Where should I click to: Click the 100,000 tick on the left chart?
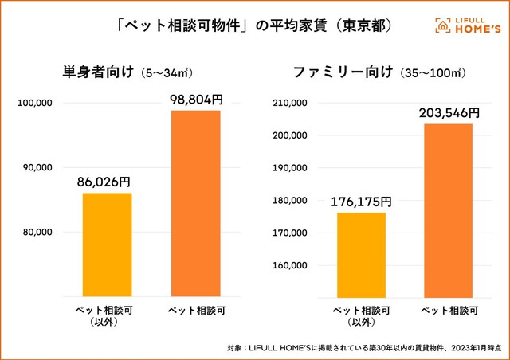[34, 103]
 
